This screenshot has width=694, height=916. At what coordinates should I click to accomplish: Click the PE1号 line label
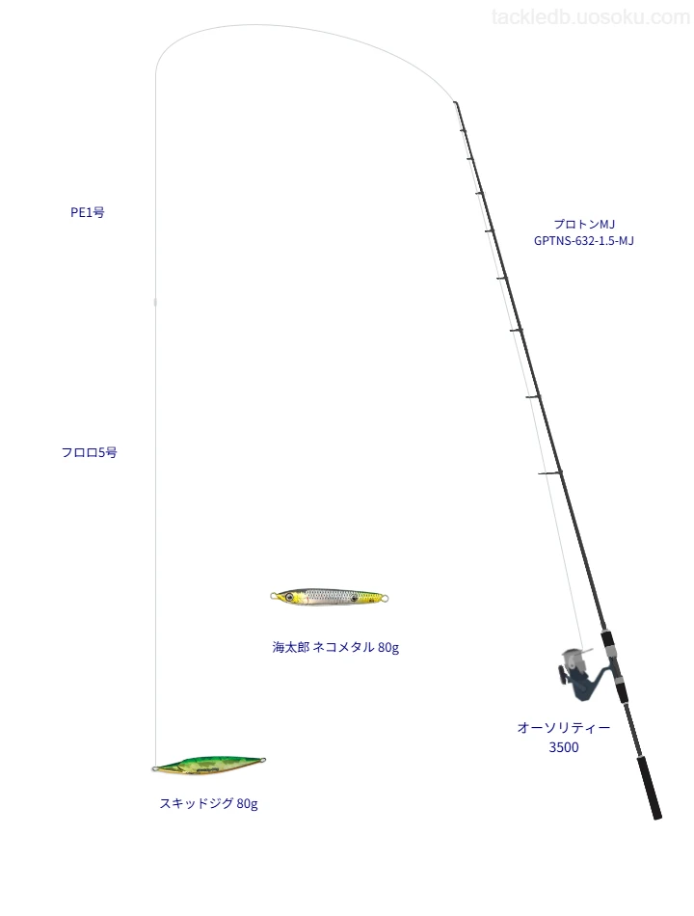tap(88, 212)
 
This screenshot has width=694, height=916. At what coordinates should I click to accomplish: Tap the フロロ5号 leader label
tap(90, 452)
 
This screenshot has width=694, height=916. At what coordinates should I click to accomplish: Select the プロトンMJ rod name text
tap(584, 224)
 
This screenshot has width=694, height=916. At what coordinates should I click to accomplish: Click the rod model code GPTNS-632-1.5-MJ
tap(584, 241)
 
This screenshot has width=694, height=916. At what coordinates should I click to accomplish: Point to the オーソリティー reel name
tap(564, 727)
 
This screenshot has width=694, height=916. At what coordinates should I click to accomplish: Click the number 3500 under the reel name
tap(564, 747)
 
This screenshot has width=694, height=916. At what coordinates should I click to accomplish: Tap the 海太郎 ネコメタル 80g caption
tap(335, 647)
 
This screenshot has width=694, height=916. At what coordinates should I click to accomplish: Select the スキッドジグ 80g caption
tap(208, 803)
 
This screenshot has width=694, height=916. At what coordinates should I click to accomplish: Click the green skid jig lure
tap(209, 764)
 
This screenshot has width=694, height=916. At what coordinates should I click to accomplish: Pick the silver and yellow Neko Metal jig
tap(330, 597)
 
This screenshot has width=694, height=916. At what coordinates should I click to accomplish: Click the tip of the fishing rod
tap(455, 103)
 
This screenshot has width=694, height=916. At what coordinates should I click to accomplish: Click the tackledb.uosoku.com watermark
tap(591, 17)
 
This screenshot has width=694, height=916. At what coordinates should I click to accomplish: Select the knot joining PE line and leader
tap(155, 302)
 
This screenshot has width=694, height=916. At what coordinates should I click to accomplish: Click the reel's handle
tap(563, 673)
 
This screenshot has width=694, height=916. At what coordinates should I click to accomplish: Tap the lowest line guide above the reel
tap(550, 472)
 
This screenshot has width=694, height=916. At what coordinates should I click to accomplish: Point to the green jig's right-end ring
tap(262, 760)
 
